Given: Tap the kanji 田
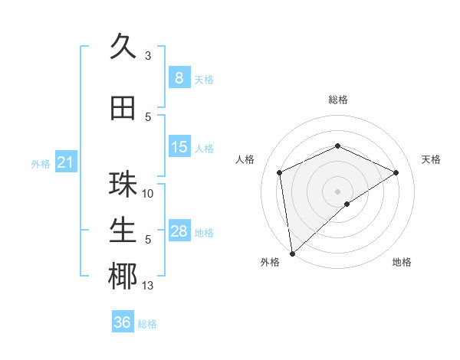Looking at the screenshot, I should click(x=123, y=109).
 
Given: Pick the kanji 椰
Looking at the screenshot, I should click(x=123, y=277).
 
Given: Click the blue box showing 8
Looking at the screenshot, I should click(x=179, y=78).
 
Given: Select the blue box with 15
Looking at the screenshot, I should click(x=179, y=147).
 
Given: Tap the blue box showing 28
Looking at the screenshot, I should click(x=179, y=231).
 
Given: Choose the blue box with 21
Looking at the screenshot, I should click(x=64, y=162).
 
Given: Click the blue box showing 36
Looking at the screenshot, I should click(x=123, y=322).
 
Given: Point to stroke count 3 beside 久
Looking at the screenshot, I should click(x=148, y=56).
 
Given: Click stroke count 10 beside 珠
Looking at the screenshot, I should click(x=148, y=194).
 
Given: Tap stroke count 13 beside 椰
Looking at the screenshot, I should click(x=148, y=286).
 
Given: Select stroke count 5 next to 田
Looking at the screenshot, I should click(x=148, y=116).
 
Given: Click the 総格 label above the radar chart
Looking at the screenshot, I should click(x=337, y=100).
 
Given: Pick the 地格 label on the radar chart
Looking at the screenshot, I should click(x=402, y=262).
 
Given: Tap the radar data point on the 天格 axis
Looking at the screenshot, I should click(x=396, y=172).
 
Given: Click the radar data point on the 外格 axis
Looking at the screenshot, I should click(x=291, y=254).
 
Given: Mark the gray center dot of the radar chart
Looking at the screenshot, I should click(x=337, y=191).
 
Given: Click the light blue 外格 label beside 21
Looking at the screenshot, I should click(x=40, y=163).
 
